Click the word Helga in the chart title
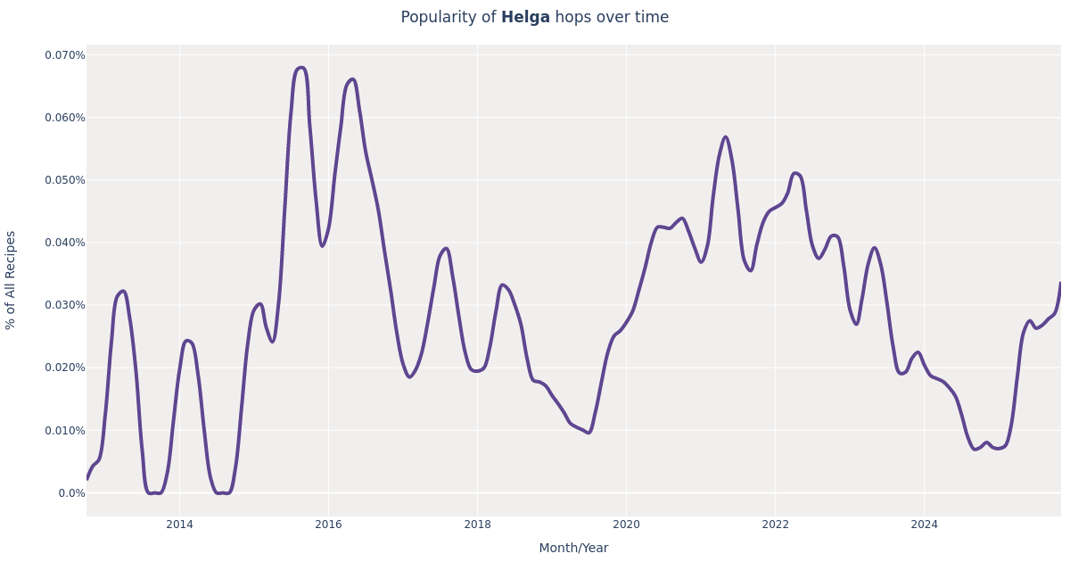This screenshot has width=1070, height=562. pos(525,18)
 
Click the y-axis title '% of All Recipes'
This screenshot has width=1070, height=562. pos(11,280)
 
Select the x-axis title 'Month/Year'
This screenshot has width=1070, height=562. pos(573,548)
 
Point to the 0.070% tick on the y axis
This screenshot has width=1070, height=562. pos(65,55)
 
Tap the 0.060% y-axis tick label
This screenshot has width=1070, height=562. pos(65,118)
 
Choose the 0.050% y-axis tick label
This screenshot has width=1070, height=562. pos(65,180)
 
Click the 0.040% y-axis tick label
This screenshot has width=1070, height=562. pos(65,243)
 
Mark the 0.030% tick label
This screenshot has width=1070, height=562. pos(65,305)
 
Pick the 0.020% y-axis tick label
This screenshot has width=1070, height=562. pos(65,368)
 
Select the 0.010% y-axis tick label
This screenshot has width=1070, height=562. pos(65,430)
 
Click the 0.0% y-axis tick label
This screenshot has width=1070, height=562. pos(70,492)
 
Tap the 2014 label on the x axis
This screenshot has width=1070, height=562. pos(179,525)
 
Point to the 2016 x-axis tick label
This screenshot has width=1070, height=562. pos(328,525)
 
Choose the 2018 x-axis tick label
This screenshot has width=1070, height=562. pos(477,525)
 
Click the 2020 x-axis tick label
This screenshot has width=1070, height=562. pos(626,525)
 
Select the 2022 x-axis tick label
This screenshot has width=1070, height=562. pos(775,525)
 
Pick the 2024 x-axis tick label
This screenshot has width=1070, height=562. pos(924,525)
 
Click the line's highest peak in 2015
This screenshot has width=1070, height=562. pos(300,68)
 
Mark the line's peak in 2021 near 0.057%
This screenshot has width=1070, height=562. pos(725,137)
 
